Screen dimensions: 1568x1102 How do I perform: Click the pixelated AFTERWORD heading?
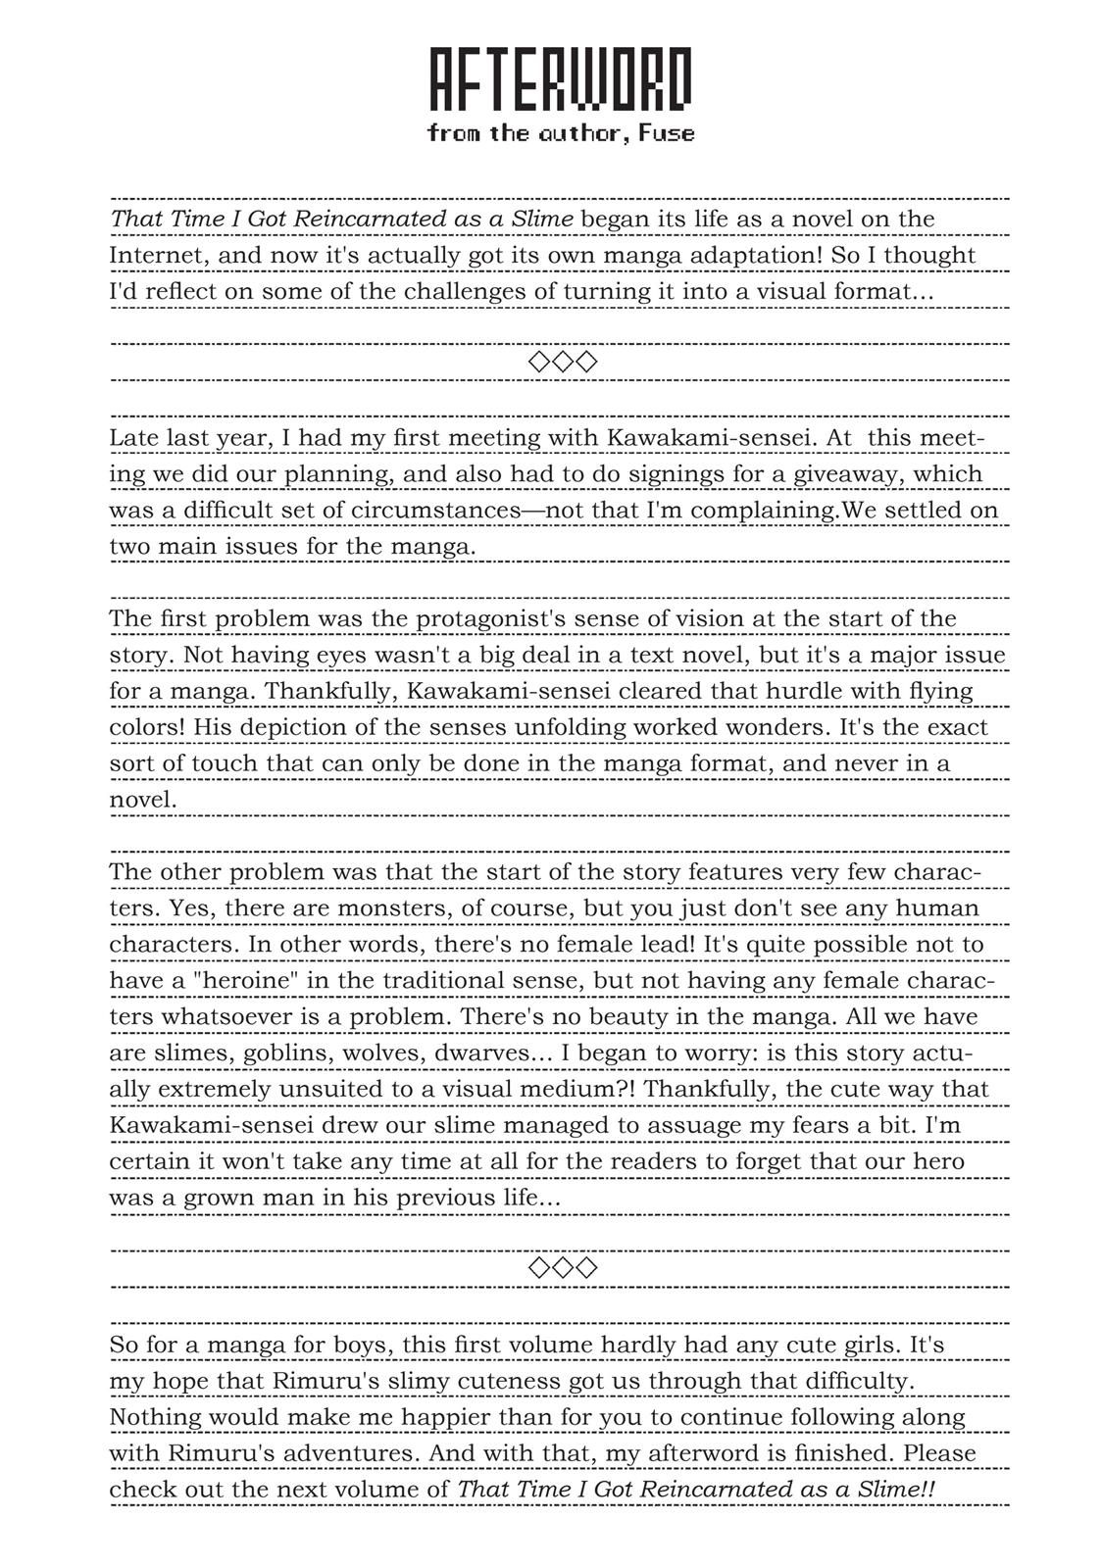561,79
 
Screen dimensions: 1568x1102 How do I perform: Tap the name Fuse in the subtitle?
667,133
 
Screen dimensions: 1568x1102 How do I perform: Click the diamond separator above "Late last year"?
562,362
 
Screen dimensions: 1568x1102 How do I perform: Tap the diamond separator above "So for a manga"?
562,1267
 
